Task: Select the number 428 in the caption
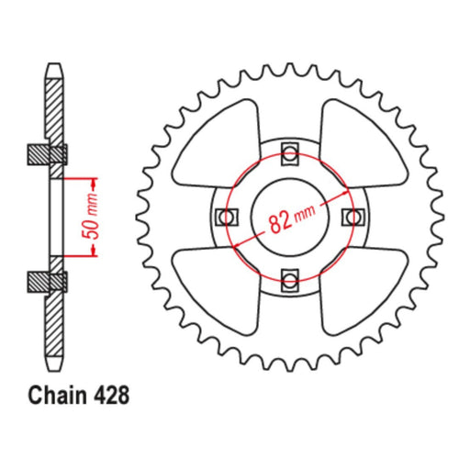pyautogui.click(x=112, y=397)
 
